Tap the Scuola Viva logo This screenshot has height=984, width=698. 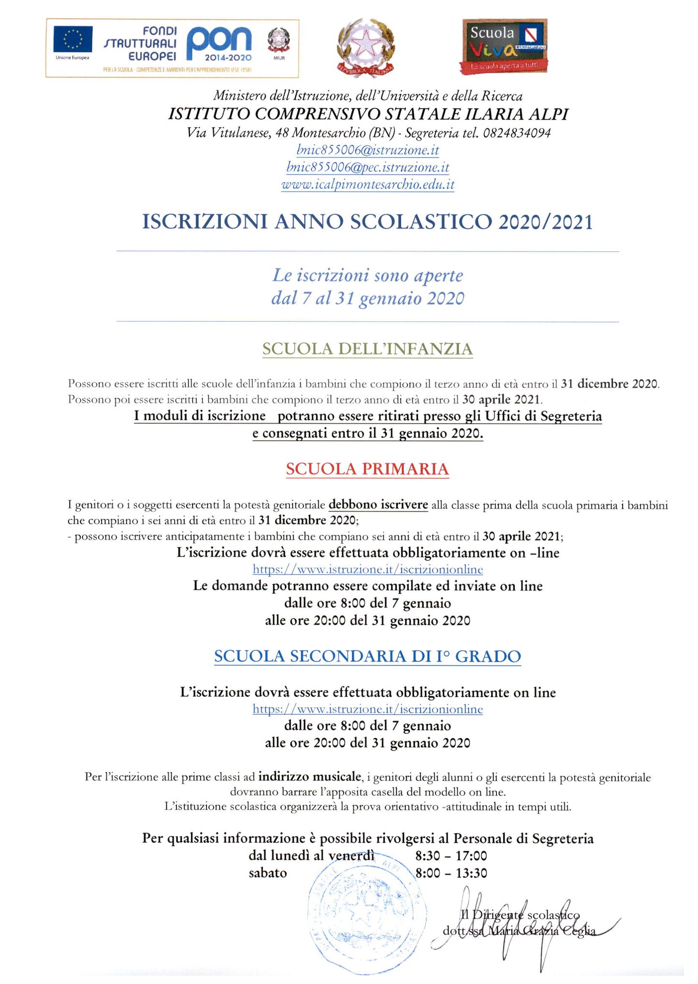coord(504,46)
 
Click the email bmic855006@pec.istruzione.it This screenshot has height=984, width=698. coord(367,167)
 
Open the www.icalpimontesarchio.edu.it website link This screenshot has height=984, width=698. coord(367,184)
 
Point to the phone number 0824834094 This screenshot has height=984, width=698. coord(517,133)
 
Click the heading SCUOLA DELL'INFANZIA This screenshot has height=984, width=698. coord(367,349)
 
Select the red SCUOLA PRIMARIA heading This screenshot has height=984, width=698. coord(367,469)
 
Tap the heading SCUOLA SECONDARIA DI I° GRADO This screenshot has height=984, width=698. coord(367,656)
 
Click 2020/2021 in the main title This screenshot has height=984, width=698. coord(545,222)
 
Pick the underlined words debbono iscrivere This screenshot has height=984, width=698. coord(378,505)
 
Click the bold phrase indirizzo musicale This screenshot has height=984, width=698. coord(310,777)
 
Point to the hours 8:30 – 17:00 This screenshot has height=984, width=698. coord(451,856)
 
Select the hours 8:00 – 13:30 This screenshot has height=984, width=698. coord(451,873)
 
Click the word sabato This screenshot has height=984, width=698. coord(267,873)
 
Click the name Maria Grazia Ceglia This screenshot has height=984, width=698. coord(541,931)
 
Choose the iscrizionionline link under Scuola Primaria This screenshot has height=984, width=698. coord(367,569)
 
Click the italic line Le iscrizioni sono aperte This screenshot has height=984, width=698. coord(367,276)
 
